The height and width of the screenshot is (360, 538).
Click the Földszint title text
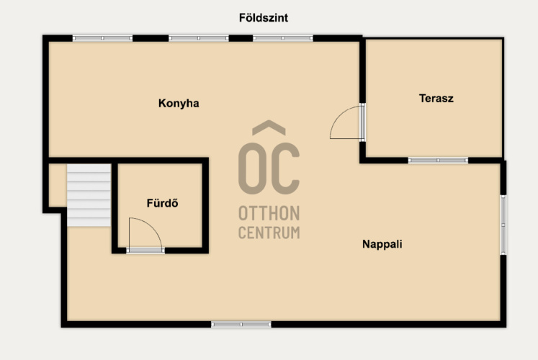(264, 18)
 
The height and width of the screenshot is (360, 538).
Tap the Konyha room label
(179, 103)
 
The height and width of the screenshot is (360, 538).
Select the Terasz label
(436, 99)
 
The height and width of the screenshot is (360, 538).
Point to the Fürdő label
(162, 203)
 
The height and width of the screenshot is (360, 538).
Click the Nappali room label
(382, 244)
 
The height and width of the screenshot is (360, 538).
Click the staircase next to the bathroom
(89, 195)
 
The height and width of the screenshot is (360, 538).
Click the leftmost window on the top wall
(102, 38)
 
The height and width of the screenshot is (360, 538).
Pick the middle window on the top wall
(199, 38)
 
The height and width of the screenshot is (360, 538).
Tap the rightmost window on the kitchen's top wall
(283, 38)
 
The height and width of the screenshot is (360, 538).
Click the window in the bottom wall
(241, 324)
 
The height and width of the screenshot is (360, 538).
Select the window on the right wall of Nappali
(503, 225)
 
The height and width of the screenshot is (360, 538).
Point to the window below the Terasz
(438, 160)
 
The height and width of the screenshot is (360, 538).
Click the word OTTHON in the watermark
(269, 213)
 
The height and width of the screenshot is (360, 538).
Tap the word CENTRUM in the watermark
(269, 233)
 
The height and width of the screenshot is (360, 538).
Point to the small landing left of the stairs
(58, 186)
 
